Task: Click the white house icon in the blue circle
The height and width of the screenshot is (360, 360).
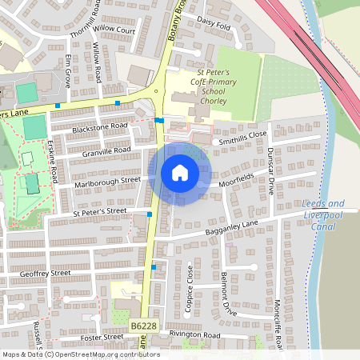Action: point(179,173)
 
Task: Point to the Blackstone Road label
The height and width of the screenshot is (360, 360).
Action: point(99,127)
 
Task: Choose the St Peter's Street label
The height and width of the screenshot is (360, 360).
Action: point(99,212)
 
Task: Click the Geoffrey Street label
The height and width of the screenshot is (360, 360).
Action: point(45,273)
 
